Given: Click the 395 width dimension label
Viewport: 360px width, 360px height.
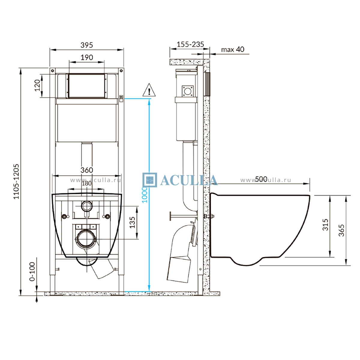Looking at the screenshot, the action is [87, 45].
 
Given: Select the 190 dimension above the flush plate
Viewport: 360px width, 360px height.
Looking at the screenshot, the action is [87, 57].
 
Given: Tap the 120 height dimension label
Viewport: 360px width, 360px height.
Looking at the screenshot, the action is [37, 85].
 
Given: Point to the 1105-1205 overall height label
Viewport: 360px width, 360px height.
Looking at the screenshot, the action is [16, 181].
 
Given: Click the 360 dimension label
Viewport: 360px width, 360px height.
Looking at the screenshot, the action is [87, 170].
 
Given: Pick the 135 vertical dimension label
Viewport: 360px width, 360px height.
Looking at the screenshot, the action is [132, 222].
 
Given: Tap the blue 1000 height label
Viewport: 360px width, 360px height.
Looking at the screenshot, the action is [145, 195].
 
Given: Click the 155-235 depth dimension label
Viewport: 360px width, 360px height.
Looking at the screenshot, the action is [190, 44].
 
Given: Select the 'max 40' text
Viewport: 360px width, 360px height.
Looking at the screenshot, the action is [232, 49].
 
